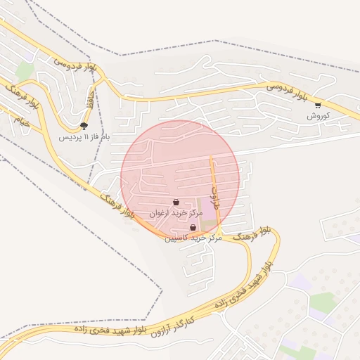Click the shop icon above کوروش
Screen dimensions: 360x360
click(x=318, y=105)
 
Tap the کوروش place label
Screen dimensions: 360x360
click(x=318, y=115)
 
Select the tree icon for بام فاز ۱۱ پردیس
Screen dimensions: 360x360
click(x=84, y=126)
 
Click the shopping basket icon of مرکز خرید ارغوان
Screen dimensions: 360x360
click(x=175, y=202)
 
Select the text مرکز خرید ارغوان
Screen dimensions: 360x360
click(x=176, y=212)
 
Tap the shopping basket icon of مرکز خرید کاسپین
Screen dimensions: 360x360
click(x=193, y=227)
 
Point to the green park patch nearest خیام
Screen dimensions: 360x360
click(x=25, y=70)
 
